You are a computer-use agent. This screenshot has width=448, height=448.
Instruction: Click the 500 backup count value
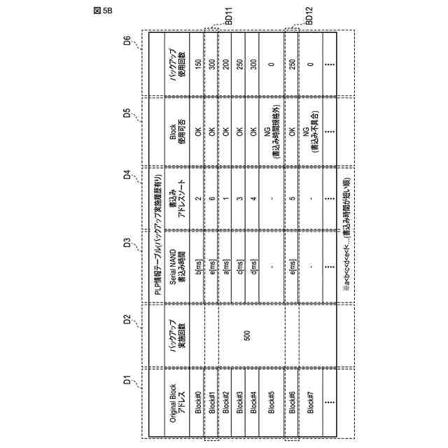247,335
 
